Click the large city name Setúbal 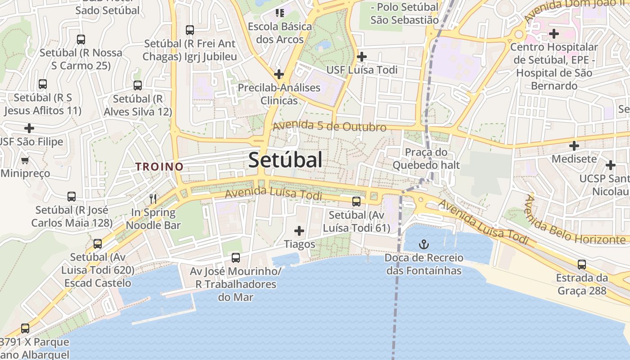[285, 160]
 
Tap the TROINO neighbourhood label [160, 166]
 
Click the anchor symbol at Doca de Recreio [423, 244]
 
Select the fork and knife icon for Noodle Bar [153, 198]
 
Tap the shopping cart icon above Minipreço [25, 160]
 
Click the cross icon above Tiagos [299, 231]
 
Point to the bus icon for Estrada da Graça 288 [582, 265]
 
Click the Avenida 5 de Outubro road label [329, 126]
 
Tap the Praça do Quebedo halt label [426, 158]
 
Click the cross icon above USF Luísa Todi [361, 57]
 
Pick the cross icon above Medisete [574, 146]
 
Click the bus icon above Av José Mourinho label [235, 258]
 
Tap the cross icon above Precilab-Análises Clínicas [279, 74]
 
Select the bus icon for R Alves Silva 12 [138, 85]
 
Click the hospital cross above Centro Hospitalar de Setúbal [554, 34]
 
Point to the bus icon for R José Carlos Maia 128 [72, 197]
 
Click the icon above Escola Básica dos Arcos [280, 13]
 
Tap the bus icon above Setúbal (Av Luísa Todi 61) [356, 202]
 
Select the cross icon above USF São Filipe [29, 128]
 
